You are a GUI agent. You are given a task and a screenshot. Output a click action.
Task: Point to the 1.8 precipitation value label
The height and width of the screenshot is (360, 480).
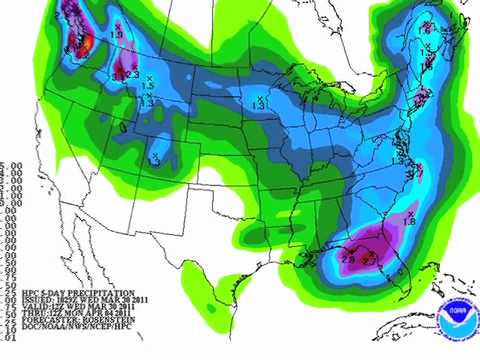coord(409,220)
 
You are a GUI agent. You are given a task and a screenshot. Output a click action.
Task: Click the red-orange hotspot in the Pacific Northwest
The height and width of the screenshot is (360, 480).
coord(84,42)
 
